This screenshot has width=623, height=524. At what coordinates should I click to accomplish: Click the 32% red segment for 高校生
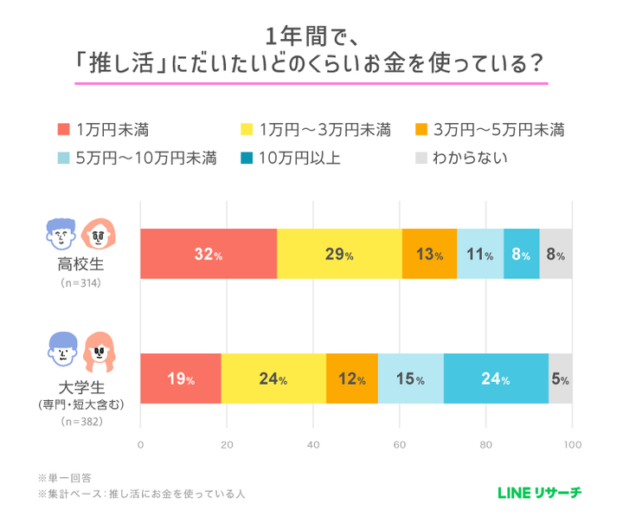209,255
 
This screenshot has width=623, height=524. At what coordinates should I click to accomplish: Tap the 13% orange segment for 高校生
429,255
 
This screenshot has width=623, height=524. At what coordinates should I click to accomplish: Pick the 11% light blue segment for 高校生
480,255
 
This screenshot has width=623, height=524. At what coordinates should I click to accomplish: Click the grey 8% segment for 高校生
556,255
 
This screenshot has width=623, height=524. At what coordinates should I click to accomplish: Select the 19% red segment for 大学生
181,379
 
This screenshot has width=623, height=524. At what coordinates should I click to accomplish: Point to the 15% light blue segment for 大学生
411,379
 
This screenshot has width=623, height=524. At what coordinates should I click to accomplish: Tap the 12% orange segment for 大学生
352,379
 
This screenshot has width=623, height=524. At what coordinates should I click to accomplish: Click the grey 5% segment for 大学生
561,379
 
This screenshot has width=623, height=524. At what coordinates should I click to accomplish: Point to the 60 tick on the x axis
399,445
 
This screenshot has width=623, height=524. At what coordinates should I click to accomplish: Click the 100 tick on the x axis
571,445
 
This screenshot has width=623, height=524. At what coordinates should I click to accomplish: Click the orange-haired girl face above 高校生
100,232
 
